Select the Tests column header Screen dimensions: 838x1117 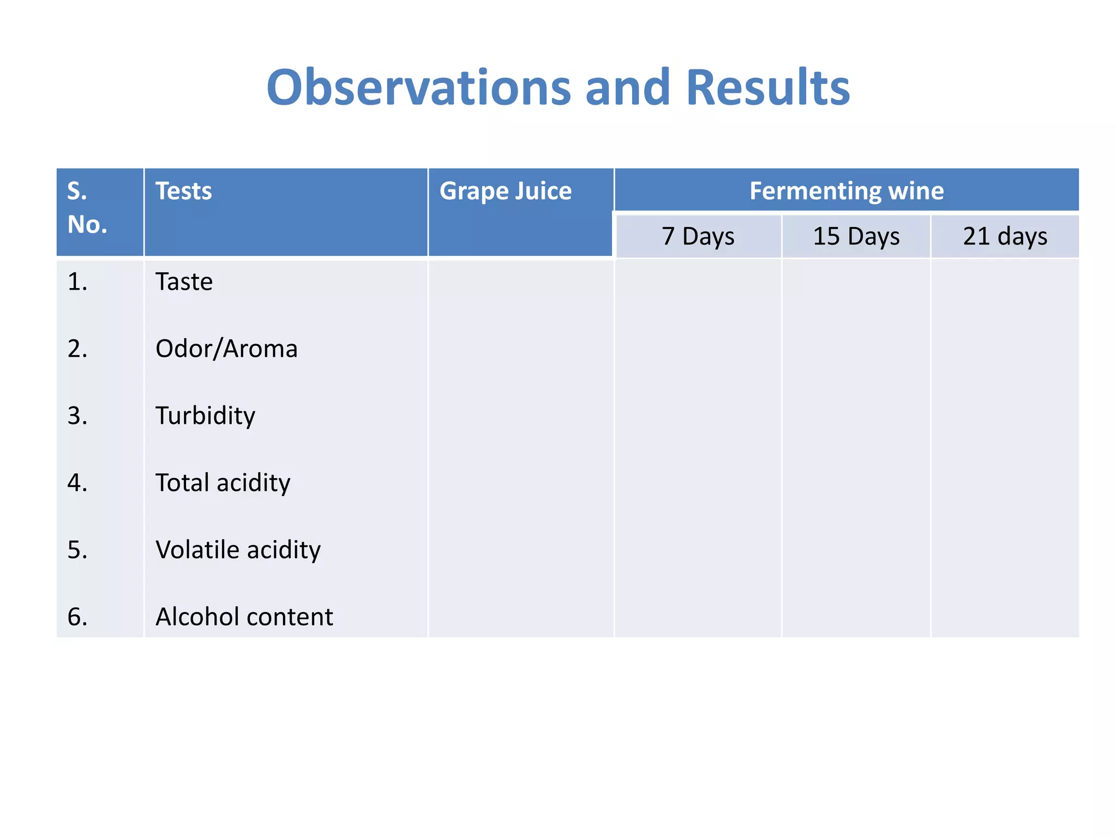click(x=184, y=191)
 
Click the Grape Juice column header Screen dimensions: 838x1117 click(x=506, y=191)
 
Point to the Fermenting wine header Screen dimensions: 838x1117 click(x=846, y=191)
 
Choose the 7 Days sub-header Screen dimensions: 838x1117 click(x=698, y=236)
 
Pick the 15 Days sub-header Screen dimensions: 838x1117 click(x=856, y=236)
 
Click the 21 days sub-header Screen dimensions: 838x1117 click(x=1005, y=236)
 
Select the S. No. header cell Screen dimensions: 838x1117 click(x=87, y=208)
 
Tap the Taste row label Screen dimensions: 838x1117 click(x=184, y=282)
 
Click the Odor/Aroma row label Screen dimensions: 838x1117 click(x=226, y=349)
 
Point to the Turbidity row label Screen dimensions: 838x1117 click(x=205, y=416)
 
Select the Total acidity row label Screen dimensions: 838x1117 click(x=223, y=483)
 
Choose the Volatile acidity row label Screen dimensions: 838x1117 click(x=238, y=550)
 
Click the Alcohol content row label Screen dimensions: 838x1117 click(x=244, y=617)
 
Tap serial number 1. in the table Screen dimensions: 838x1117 click(x=77, y=282)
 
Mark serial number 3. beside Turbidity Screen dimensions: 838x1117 click(x=77, y=416)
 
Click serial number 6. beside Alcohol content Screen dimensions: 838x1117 click(x=77, y=617)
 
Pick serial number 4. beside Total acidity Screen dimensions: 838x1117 click(x=77, y=483)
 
